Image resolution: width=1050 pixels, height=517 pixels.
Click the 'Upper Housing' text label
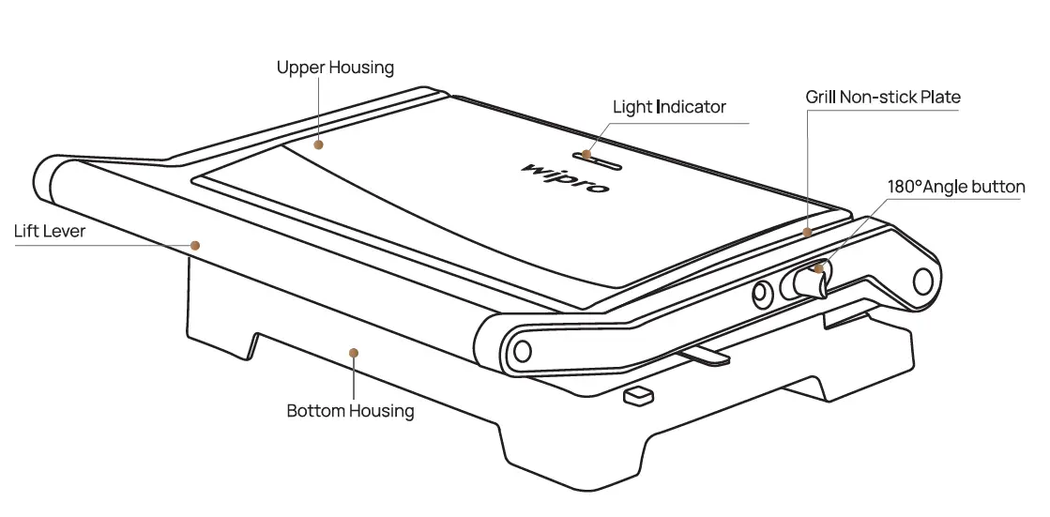(x=335, y=68)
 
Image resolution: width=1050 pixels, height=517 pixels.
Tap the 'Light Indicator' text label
(x=669, y=107)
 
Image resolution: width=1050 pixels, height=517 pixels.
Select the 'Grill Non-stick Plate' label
(x=882, y=97)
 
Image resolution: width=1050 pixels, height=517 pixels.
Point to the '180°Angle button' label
(x=955, y=188)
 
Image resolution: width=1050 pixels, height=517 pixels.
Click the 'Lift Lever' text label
(x=50, y=231)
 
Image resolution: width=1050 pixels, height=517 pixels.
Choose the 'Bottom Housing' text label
(x=350, y=411)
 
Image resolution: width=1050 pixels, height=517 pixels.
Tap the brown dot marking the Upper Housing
(x=319, y=144)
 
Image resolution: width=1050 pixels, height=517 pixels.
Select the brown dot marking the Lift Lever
(x=195, y=245)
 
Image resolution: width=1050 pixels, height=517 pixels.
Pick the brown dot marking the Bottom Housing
(x=354, y=353)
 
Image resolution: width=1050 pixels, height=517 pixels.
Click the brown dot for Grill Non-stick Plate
(x=808, y=232)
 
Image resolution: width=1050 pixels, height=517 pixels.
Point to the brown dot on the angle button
(x=818, y=268)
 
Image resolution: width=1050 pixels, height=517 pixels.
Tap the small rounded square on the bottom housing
(x=638, y=395)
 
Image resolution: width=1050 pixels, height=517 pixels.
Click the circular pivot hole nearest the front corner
(x=522, y=351)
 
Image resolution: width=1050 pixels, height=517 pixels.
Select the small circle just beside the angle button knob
(x=760, y=294)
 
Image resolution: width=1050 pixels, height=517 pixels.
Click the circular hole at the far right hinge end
(x=922, y=280)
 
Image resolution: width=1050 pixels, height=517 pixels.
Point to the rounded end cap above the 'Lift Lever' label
(x=49, y=178)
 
